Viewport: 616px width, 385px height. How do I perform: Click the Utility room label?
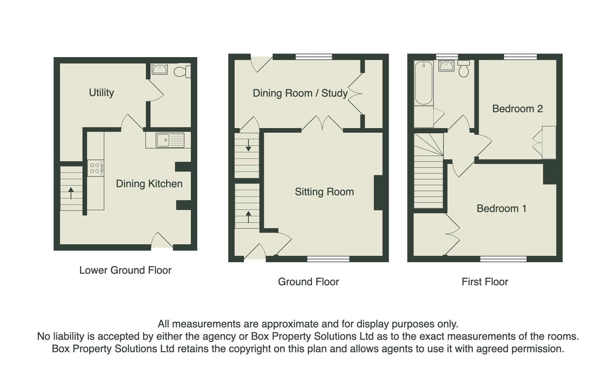(x=101, y=93)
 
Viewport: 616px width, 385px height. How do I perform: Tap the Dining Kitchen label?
(x=149, y=184)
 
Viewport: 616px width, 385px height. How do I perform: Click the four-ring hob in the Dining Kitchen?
(x=95, y=168)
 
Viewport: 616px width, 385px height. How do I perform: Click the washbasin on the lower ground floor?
(x=160, y=69)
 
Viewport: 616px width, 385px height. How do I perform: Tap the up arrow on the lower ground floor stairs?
(x=71, y=193)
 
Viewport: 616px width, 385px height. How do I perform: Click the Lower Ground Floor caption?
(x=125, y=270)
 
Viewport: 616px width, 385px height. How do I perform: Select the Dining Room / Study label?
(x=300, y=93)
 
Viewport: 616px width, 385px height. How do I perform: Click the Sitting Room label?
(x=324, y=192)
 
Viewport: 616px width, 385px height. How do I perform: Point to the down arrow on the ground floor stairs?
(x=248, y=145)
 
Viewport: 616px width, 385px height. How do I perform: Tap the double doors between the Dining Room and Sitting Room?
(x=323, y=124)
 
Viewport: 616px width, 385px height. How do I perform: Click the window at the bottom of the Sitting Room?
(x=328, y=259)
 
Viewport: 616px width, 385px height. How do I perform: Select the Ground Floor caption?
(x=308, y=282)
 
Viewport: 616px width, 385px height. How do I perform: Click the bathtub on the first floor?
(x=424, y=83)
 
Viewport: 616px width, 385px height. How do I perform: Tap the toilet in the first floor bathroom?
(x=464, y=69)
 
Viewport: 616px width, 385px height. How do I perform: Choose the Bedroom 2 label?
(x=517, y=109)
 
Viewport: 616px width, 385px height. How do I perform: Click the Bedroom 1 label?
(x=501, y=209)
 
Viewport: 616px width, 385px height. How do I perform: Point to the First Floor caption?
(x=485, y=282)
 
